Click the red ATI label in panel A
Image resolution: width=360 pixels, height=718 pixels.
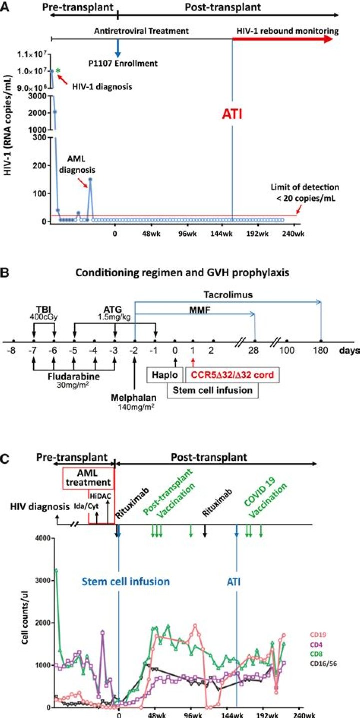coord(232,114)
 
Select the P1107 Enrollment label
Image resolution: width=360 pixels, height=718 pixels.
coord(123,63)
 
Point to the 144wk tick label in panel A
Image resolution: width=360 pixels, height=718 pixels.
coord(221,234)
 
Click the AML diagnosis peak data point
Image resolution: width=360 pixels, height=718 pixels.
coord(90,179)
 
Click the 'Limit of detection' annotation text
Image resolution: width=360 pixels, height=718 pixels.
coord(305,193)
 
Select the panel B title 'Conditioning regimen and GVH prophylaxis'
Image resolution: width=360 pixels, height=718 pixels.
coord(182,273)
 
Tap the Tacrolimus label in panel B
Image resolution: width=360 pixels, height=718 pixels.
coord(228,295)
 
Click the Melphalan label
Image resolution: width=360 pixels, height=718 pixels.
coord(134,397)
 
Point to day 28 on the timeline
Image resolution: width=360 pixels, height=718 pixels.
coord(253,350)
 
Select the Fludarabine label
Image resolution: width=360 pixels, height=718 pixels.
coord(74,376)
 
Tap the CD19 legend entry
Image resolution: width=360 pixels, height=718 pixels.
coord(319,635)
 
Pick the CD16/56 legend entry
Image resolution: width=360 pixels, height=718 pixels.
coord(323,663)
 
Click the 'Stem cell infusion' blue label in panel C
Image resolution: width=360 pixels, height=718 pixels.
coord(126,582)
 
